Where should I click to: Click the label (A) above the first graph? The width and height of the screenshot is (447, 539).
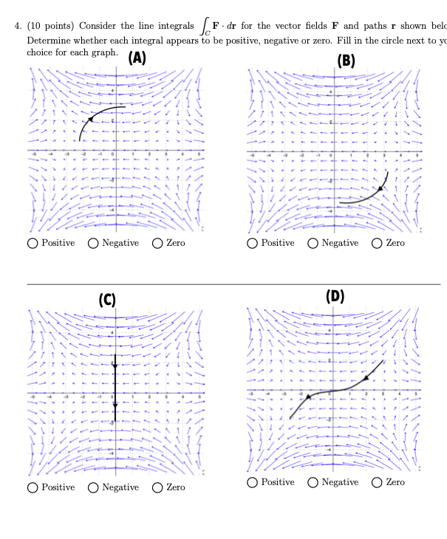(137, 58)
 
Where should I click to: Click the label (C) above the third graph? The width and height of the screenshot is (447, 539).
(108, 300)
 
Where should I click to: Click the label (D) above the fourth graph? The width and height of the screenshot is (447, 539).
(335, 297)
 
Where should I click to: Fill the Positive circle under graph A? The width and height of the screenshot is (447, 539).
(33, 244)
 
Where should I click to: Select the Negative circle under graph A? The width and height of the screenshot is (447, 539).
(93, 244)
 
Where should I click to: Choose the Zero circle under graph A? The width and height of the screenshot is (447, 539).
(157, 244)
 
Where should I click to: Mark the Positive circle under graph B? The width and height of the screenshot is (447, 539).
(253, 244)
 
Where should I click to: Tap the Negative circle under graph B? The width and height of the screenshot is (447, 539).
(313, 244)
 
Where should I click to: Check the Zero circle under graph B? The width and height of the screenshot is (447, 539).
(378, 244)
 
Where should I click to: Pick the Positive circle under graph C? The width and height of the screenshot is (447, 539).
(33, 487)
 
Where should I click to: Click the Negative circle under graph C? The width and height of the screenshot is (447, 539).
(93, 487)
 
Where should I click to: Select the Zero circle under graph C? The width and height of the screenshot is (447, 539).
(157, 487)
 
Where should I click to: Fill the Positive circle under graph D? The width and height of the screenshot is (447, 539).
(253, 483)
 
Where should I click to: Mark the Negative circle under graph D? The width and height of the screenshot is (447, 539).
(313, 483)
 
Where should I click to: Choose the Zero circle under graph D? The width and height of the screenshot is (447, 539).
(378, 483)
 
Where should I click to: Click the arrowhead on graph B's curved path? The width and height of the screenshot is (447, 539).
(381, 189)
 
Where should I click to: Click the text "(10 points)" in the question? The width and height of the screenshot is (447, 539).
(50, 26)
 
